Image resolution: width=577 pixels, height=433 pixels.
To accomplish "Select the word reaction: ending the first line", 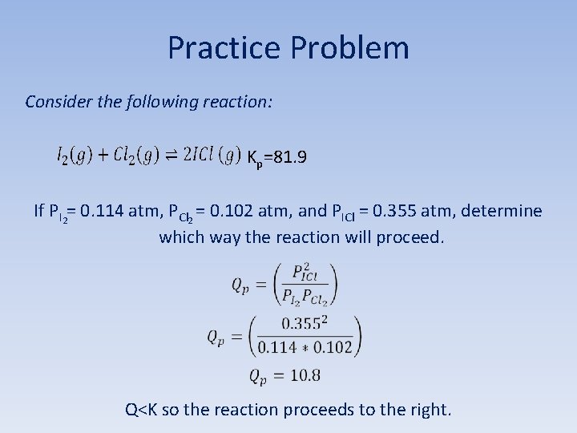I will tap(239, 102).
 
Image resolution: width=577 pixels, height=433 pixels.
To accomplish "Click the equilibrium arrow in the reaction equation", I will tap(171, 156).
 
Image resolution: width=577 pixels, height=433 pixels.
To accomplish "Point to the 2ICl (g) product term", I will tap(212, 156).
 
